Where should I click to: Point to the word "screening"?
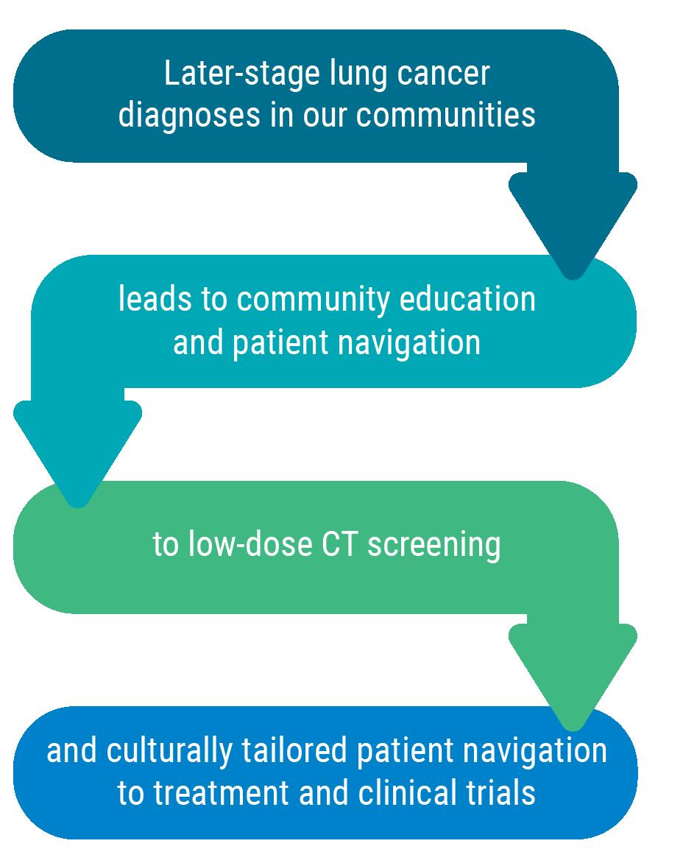point(434,545)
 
